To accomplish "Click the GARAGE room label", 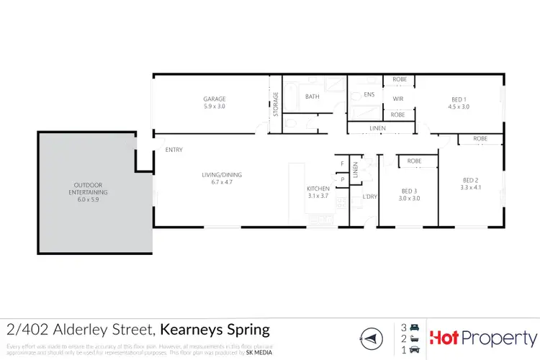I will [x=214, y=99].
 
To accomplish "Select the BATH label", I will [x=312, y=96].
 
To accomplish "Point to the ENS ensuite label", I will [x=369, y=94].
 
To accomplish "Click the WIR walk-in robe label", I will [x=397, y=99].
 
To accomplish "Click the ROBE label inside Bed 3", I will [x=414, y=161].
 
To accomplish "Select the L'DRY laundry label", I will [x=370, y=196].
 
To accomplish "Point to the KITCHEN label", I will [x=318, y=189].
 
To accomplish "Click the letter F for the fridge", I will [x=342, y=164].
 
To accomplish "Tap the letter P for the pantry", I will [x=342, y=179].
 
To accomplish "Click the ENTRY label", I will [x=174, y=150].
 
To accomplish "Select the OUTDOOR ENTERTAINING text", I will [x=87, y=189].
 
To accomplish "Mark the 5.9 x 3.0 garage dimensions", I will [x=214, y=106].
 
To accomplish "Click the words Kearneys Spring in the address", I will [x=215, y=330].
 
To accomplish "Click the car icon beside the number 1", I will [x=414, y=350].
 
